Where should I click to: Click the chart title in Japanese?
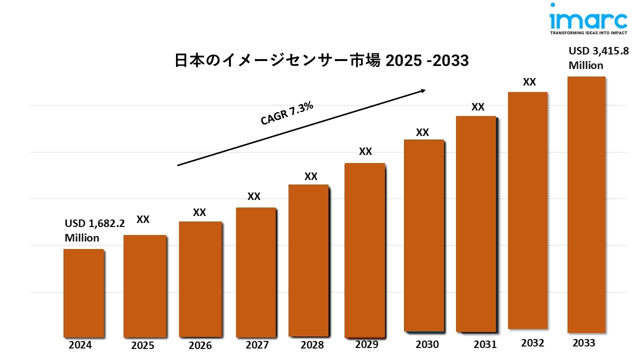(321, 60)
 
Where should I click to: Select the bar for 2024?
(83, 292)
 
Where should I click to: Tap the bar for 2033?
(586, 204)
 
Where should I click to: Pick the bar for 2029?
(365, 250)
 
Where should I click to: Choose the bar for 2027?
(255, 272)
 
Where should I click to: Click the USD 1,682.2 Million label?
(94, 230)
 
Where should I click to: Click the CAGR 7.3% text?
(287, 113)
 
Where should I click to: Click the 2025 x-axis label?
(142, 345)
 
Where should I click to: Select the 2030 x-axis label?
(427, 344)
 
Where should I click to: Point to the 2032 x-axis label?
(532, 343)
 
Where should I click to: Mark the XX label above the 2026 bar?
(199, 212)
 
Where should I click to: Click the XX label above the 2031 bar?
(478, 106)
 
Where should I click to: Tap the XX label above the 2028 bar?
(311, 176)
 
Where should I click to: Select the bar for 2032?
(527, 210)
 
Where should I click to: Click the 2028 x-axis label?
(312, 345)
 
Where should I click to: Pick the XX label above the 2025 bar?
(143, 219)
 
